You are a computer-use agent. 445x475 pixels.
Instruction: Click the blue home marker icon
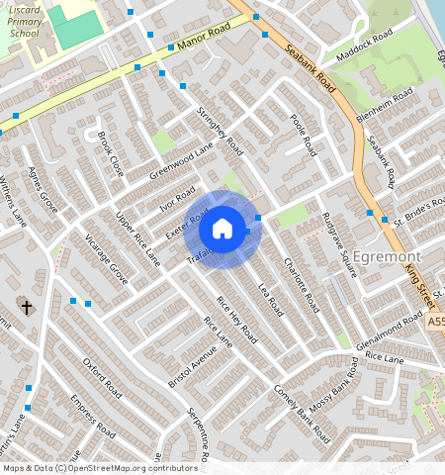coord(222,229)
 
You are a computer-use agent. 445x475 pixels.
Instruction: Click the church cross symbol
coord(26,308)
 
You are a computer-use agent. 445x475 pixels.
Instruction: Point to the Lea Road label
coord(270,298)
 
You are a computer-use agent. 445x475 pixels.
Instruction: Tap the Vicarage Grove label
coord(105,260)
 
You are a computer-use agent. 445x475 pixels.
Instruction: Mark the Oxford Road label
coord(102,376)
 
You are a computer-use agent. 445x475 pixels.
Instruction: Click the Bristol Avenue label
coord(163,366)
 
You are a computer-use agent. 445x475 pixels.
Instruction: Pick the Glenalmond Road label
coord(391,329)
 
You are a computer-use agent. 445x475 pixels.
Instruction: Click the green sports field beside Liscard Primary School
coord(76,27)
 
